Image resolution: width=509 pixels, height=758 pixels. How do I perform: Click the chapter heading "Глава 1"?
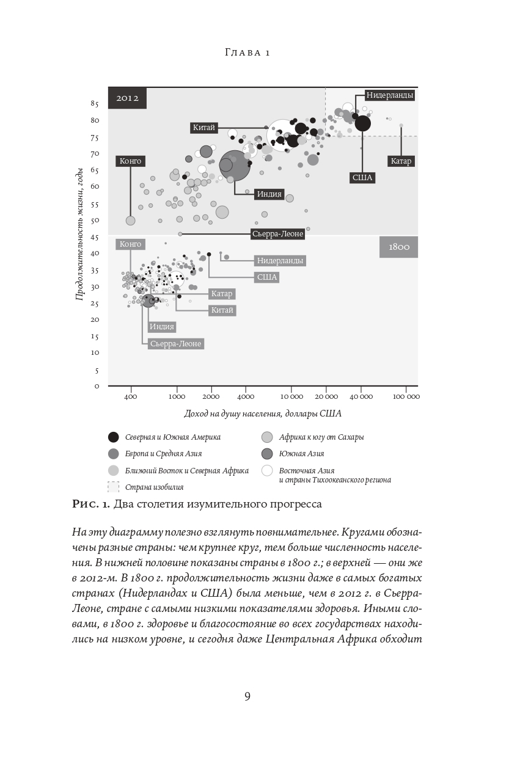[247, 53]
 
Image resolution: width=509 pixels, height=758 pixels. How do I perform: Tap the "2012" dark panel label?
[128, 98]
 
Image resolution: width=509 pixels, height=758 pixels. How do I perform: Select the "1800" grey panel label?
[398, 247]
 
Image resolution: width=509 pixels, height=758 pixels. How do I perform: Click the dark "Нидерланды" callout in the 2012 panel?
[390, 95]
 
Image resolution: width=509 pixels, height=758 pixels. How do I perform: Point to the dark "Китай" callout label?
[203, 128]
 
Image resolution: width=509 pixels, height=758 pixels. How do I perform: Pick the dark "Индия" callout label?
[269, 194]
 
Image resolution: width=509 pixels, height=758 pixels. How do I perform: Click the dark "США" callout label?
[362, 178]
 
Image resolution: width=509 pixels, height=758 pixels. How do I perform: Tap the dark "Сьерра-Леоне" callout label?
[277, 233]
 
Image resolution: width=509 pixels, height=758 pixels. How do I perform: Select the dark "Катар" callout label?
[401, 161]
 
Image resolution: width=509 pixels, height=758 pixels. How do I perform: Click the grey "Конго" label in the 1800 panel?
[130, 244]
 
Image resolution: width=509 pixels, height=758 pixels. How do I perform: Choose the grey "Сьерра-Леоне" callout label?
[175, 344]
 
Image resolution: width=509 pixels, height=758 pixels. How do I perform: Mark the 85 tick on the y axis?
[95, 104]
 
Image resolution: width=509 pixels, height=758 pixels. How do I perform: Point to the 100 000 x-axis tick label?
[406, 397]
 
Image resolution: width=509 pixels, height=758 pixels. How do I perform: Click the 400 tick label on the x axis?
[130, 397]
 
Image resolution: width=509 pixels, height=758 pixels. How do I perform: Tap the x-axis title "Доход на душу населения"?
[263, 414]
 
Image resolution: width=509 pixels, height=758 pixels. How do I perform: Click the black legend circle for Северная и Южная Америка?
[113, 437]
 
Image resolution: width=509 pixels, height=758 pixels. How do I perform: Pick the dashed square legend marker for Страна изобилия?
[113, 487]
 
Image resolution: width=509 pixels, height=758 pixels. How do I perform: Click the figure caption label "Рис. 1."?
[92, 504]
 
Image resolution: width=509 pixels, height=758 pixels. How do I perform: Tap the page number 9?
[247, 696]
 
